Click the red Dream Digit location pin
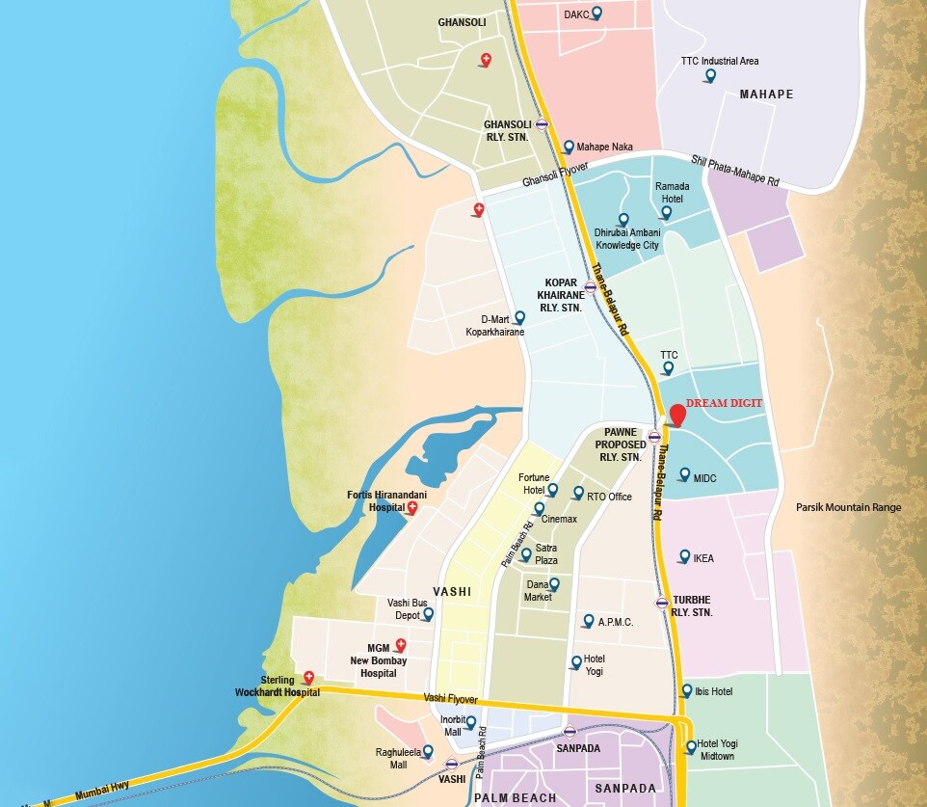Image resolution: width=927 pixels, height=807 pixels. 677,415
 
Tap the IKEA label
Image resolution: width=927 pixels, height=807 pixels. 703,558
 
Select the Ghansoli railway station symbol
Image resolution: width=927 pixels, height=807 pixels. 543,124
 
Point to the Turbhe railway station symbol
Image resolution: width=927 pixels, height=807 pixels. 661,604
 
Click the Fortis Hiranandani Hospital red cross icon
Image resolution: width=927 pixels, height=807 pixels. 412,507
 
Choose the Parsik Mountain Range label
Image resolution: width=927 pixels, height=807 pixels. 849,507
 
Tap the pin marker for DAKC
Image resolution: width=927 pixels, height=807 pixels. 596,13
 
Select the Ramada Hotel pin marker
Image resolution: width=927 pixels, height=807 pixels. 666,212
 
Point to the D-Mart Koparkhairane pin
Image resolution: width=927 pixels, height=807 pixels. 519,317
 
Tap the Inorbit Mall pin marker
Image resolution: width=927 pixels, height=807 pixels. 471,722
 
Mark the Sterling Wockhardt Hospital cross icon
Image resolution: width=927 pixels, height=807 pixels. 308,678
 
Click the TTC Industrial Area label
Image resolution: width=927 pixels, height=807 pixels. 720,61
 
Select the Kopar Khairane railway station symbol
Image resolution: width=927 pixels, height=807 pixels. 590,286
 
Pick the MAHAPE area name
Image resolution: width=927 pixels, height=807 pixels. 766,94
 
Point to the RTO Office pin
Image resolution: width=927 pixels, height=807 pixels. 578,493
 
